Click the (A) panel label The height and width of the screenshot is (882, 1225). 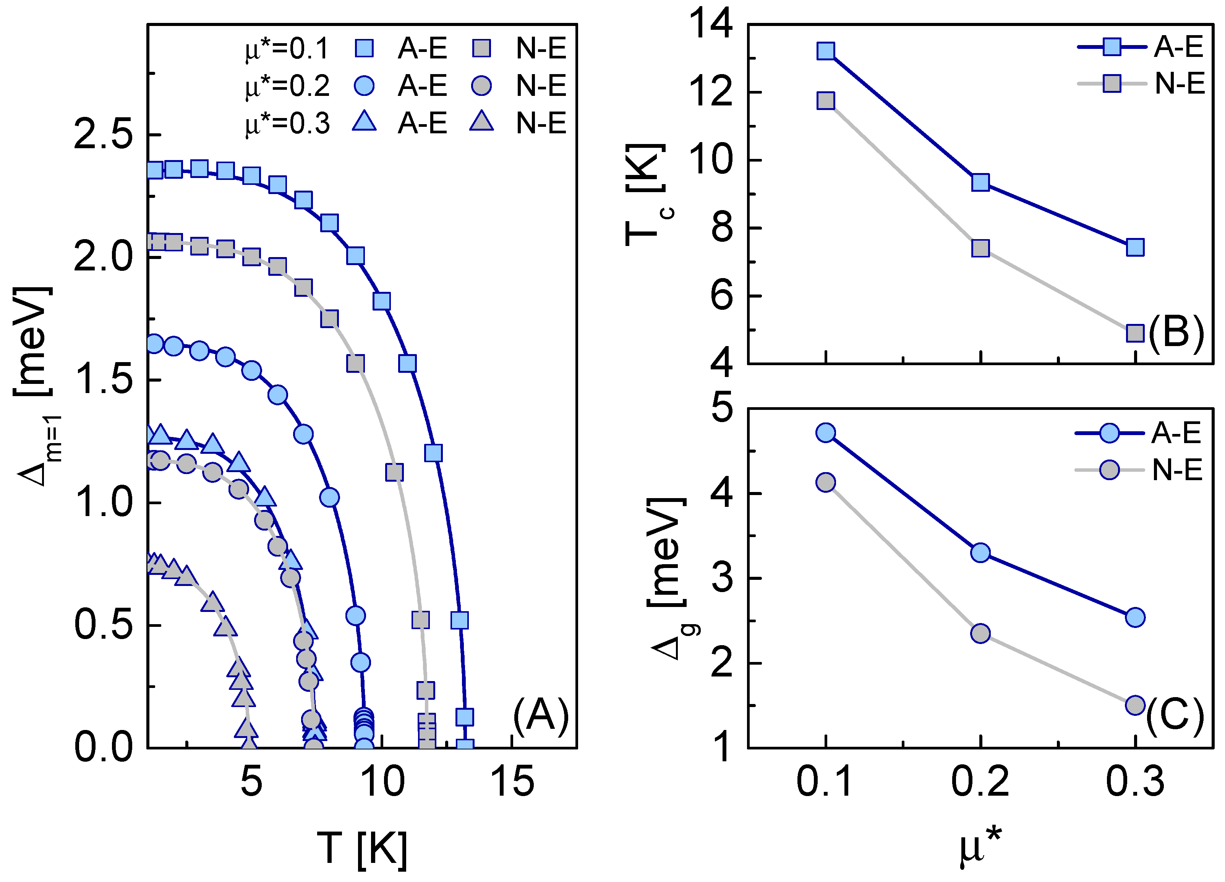(x=541, y=716)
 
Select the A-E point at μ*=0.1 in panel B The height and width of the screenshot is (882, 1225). (x=826, y=51)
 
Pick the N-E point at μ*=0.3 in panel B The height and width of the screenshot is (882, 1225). (x=1135, y=333)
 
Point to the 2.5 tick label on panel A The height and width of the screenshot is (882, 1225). (x=103, y=134)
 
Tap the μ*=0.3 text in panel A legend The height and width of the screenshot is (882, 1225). (x=287, y=124)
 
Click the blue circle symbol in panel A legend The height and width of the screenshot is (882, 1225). (x=365, y=86)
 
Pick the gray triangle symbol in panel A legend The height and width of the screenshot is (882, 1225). (x=481, y=121)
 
